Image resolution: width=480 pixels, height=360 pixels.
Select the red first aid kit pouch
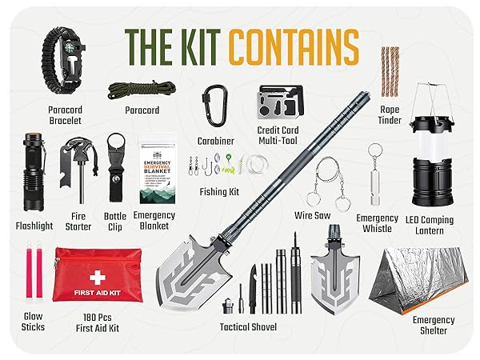click(97, 274)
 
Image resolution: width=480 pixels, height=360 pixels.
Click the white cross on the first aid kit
click(98, 278)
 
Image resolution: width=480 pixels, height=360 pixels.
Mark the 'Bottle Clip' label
click(115, 222)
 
